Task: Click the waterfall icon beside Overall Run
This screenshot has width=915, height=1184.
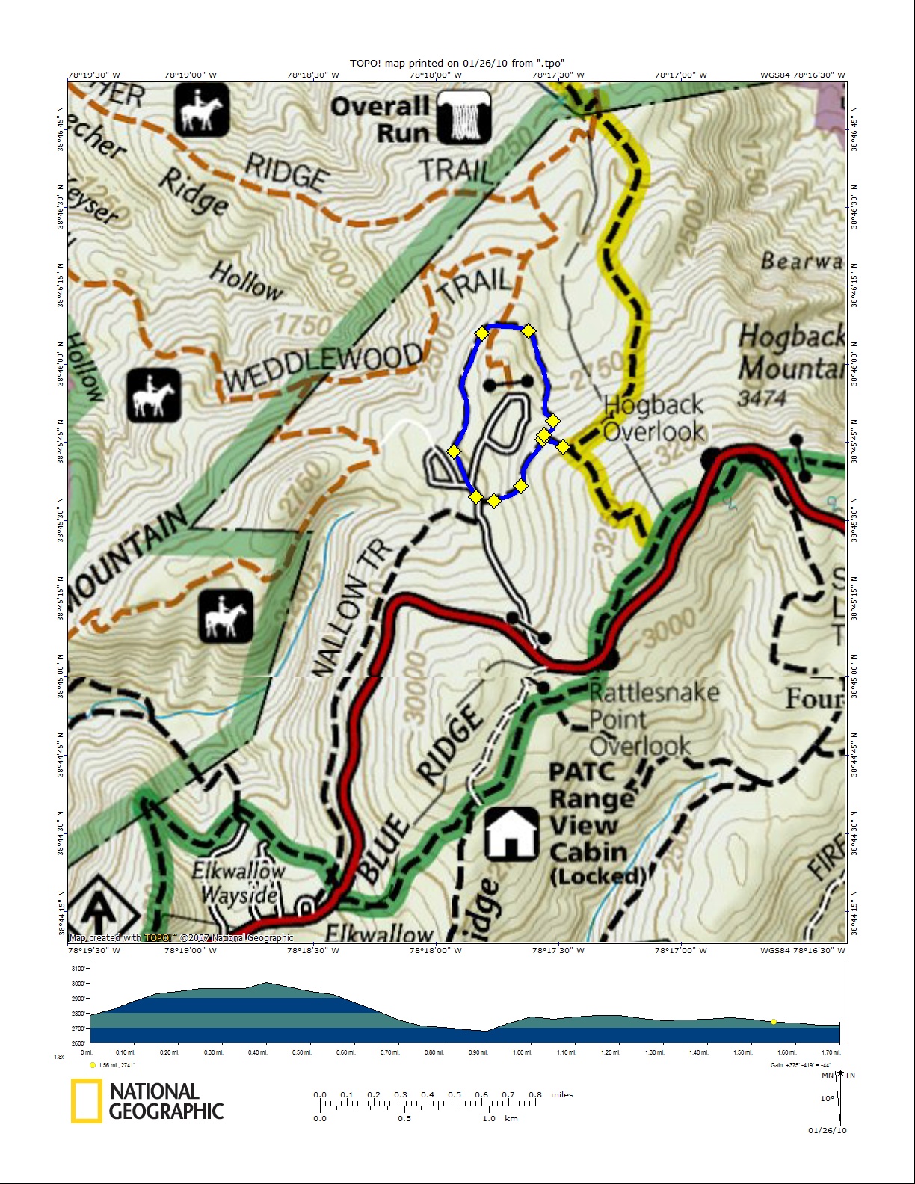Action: [x=463, y=117]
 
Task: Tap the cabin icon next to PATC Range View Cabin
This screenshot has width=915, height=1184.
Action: [x=511, y=833]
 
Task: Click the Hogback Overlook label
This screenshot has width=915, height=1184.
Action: [x=654, y=418]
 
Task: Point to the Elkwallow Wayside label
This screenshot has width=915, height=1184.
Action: [x=238, y=883]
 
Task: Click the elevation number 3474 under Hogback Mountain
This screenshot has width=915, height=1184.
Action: [x=762, y=398]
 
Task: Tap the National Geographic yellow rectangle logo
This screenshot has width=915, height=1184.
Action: [x=87, y=1101]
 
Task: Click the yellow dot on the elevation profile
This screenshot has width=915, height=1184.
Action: [x=774, y=1022]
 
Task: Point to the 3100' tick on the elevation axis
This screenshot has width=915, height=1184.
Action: [x=78, y=969]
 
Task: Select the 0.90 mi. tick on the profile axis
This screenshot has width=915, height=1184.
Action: [x=478, y=1052]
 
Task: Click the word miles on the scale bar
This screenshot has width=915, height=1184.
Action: [x=562, y=1094]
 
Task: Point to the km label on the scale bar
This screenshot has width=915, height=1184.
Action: [x=511, y=1118]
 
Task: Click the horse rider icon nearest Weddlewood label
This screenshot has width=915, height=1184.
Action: [x=153, y=394]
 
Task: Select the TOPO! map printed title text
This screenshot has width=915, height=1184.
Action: [x=457, y=64]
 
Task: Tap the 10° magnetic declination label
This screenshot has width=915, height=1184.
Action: [x=827, y=1098]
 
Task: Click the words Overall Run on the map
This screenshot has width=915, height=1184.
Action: [x=381, y=120]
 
